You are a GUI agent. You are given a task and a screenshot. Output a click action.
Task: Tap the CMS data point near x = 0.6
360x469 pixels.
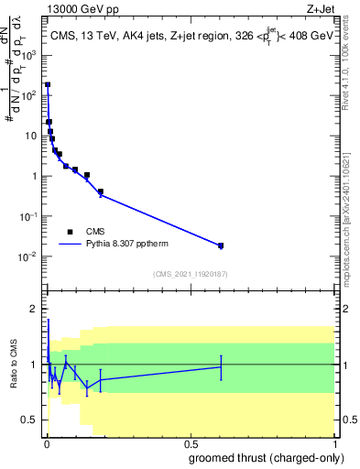coord(221,245)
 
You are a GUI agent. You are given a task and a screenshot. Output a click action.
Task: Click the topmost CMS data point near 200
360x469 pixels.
coord(48,84)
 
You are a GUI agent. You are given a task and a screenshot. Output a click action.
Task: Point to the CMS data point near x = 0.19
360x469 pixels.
coord(100,192)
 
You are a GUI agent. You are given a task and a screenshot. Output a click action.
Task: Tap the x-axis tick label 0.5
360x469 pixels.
coord(191,442)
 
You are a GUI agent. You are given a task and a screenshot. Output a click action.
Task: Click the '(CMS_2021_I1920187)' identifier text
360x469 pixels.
coord(191,273)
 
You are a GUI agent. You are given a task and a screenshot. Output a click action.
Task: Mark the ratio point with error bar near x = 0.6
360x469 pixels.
coord(221,366)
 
